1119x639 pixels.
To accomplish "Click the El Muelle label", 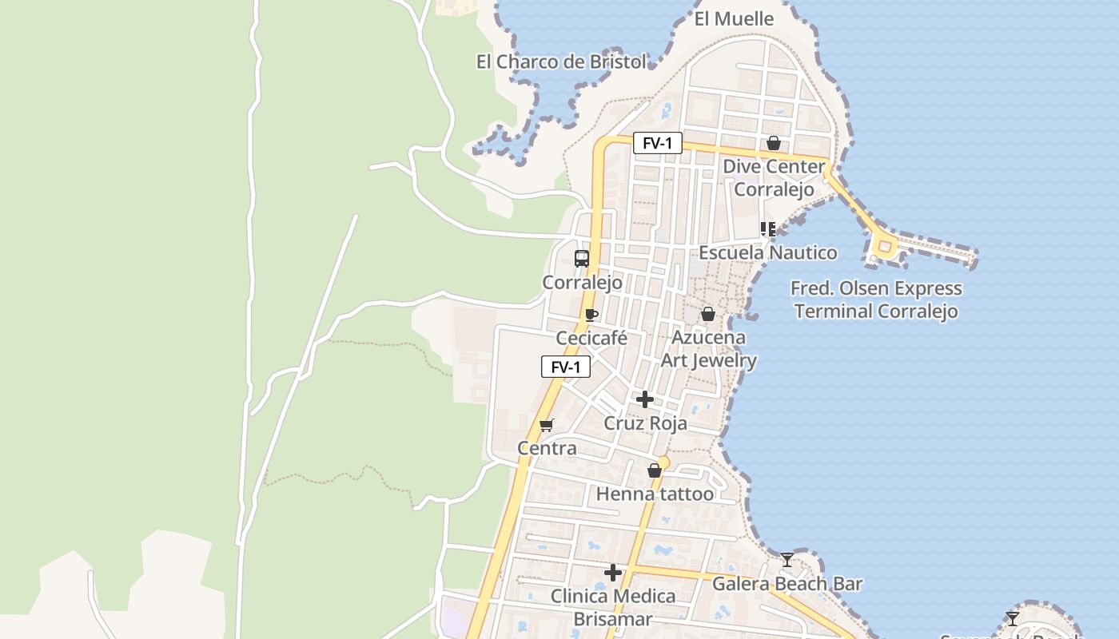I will (x=734, y=18).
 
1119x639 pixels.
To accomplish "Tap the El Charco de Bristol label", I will (x=561, y=62).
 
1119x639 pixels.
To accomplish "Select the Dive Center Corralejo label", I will (x=774, y=177).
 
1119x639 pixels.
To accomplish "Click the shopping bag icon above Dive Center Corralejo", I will (x=773, y=144).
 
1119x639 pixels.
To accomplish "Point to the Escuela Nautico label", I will (x=767, y=252).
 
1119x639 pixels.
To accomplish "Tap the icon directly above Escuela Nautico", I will (x=768, y=229).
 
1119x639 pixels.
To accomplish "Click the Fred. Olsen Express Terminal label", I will (x=876, y=300).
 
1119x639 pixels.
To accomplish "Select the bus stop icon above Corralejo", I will (x=582, y=259).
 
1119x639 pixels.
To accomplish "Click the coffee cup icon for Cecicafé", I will (x=591, y=315).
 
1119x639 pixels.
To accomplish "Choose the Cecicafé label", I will (x=591, y=338).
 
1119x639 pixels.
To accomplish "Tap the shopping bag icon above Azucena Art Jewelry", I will (x=707, y=315).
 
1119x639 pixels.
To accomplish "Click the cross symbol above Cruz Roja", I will (x=644, y=399).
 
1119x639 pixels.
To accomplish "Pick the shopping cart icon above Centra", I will (x=547, y=425).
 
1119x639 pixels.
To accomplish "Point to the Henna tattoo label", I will (x=655, y=494).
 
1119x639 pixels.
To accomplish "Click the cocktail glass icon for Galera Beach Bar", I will (x=787, y=560).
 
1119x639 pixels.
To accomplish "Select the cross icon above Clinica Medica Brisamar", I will (x=613, y=573).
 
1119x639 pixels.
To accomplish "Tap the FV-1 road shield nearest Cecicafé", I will (x=566, y=367).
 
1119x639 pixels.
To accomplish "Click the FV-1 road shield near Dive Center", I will (x=658, y=144).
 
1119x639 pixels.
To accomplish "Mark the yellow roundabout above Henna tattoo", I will (x=663, y=462).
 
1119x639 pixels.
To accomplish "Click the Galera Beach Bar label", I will (x=787, y=584).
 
